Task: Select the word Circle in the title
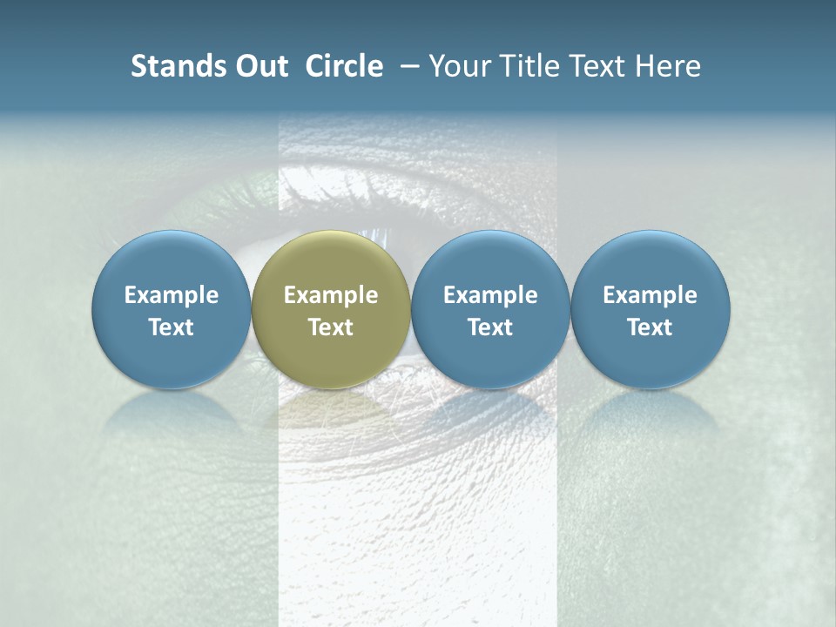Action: coord(344,66)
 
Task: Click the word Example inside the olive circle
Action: coord(331,295)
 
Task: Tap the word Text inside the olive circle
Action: coord(331,327)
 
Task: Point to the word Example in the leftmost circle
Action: coord(172,295)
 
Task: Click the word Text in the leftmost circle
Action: coord(172,327)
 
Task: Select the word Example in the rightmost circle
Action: coord(651,295)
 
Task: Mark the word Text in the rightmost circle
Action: coord(651,327)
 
